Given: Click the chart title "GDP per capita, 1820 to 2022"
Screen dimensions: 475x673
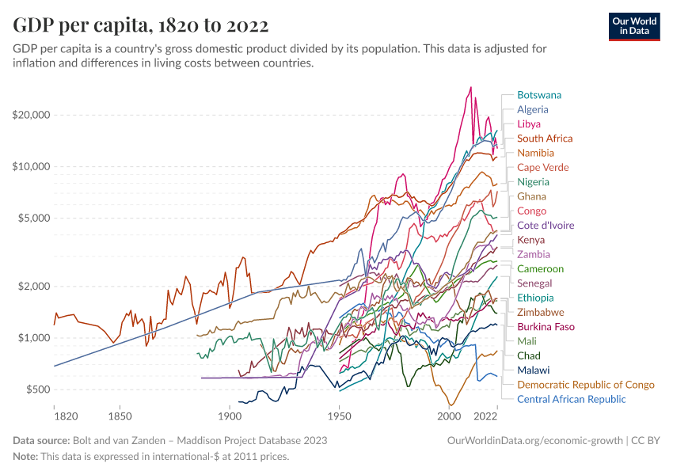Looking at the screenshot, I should coord(140,25).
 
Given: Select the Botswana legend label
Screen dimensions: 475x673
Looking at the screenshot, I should coord(539,95).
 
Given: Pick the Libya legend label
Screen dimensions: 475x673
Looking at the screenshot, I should coord(529,124).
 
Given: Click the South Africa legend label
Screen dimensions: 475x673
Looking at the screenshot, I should coord(545,139).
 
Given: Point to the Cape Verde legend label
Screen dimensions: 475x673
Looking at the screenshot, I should coord(542,168).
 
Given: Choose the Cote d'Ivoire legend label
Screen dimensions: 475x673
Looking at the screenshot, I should coord(546,226).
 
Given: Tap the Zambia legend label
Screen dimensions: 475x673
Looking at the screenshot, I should coord(534,255).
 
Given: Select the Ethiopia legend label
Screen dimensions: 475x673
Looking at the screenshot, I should coord(536,298).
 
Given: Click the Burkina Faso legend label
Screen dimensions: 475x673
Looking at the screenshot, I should coord(546,327).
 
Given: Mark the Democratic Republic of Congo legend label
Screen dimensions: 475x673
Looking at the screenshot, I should coord(585,385).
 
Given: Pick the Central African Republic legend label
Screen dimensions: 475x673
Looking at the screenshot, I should coord(571,399).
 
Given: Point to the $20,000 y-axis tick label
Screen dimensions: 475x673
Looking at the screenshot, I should coord(32,115).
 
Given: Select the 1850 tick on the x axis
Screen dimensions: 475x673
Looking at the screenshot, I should coord(120,416).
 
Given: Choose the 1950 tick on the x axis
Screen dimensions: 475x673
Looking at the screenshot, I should coord(339,416).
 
